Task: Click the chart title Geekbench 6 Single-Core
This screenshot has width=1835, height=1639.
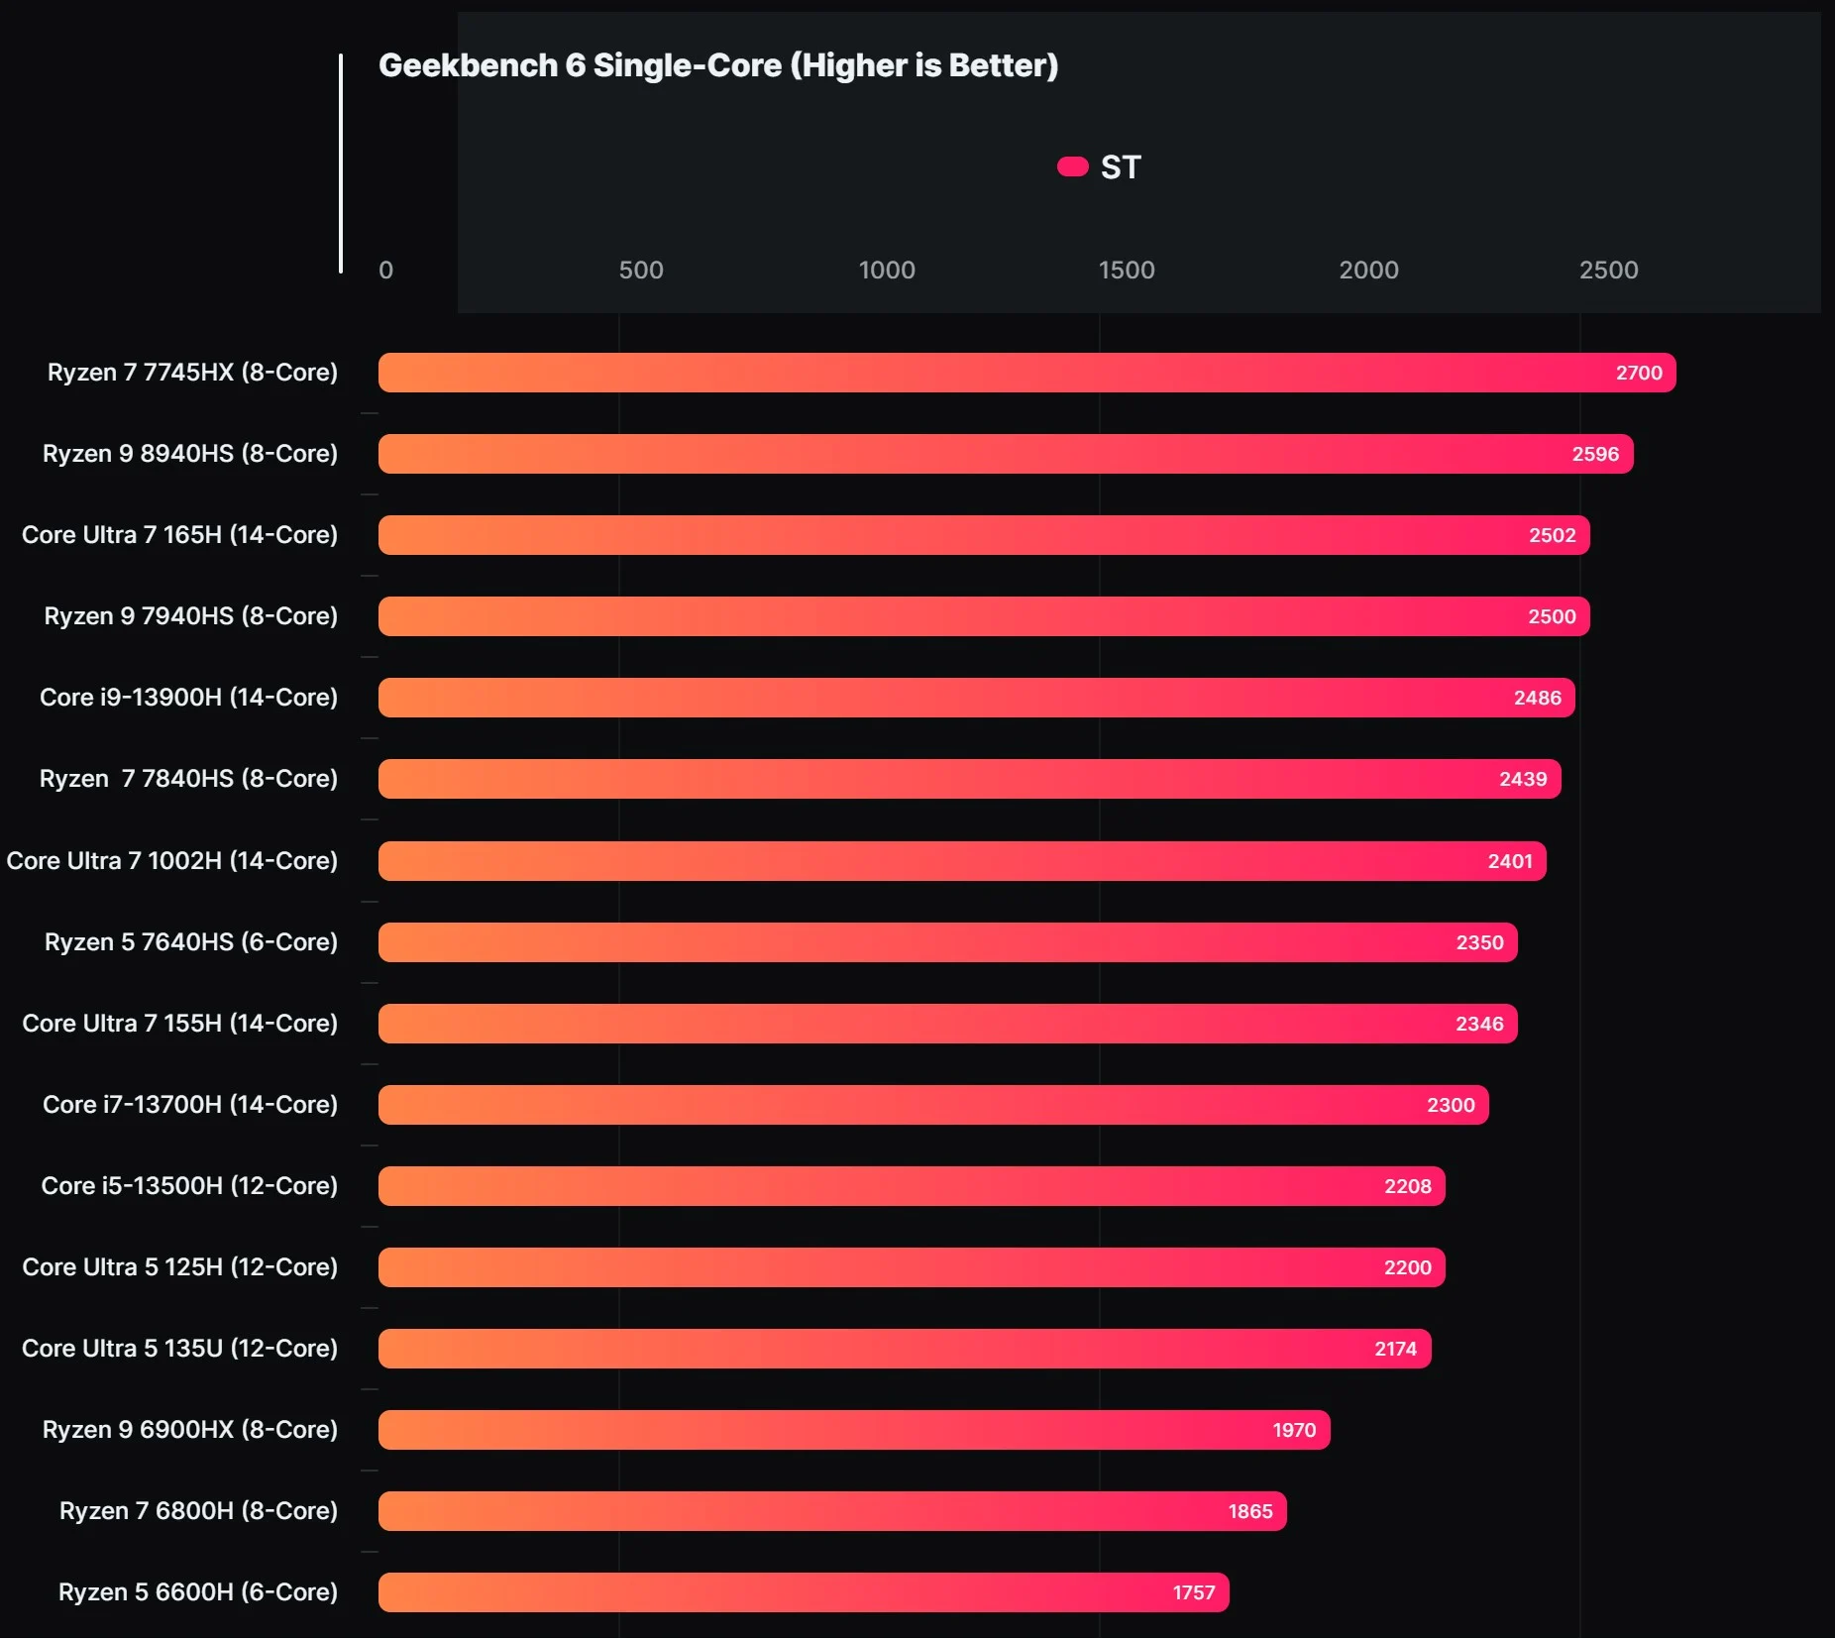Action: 718,65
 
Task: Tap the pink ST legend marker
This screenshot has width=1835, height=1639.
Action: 1072,166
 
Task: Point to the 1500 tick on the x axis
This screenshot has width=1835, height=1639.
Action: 1127,270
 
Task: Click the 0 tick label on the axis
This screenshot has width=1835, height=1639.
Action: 386,270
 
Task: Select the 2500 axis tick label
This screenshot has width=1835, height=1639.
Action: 1608,270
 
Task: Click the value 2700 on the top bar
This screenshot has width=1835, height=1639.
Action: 1639,373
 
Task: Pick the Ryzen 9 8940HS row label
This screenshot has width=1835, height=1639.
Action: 190,454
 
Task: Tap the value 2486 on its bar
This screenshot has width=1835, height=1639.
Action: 1537,698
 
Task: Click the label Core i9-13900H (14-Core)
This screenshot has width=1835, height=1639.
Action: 188,698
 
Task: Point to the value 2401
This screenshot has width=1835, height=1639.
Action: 1510,861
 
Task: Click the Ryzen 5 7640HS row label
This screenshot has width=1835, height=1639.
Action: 191,942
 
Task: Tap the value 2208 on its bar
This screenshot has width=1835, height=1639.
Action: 1407,1186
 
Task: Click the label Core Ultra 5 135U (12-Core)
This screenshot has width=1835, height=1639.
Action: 179,1349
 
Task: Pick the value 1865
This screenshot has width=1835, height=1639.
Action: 1250,1511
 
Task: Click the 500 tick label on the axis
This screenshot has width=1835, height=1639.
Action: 641,270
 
